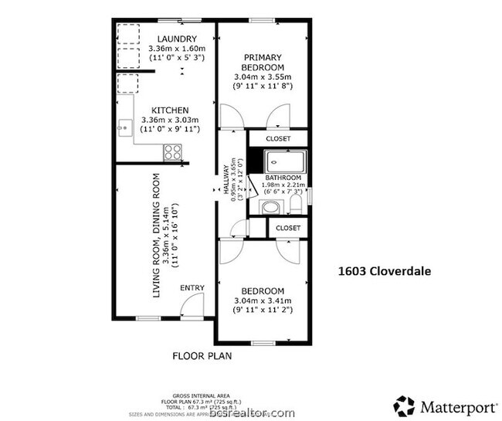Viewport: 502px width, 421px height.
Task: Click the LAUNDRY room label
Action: (x=177, y=39)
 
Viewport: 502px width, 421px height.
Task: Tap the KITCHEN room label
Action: (x=170, y=109)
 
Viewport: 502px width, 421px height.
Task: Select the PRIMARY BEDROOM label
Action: (x=263, y=62)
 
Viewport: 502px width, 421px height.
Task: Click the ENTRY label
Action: (x=192, y=288)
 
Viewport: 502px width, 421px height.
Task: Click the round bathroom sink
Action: (x=270, y=207)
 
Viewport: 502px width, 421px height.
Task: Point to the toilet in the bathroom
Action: (x=295, y=205)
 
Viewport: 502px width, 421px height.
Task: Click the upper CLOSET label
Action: (x=278, y=139)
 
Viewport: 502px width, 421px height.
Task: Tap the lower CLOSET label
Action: (x=287, y=229)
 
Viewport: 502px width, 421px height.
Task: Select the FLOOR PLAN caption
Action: (x=202, y=356)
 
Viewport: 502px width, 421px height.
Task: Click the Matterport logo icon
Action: (x=404, y=406)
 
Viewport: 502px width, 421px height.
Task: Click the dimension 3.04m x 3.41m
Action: (x=263, y=300)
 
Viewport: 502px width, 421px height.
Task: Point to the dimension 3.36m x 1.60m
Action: (x=177, y=49)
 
